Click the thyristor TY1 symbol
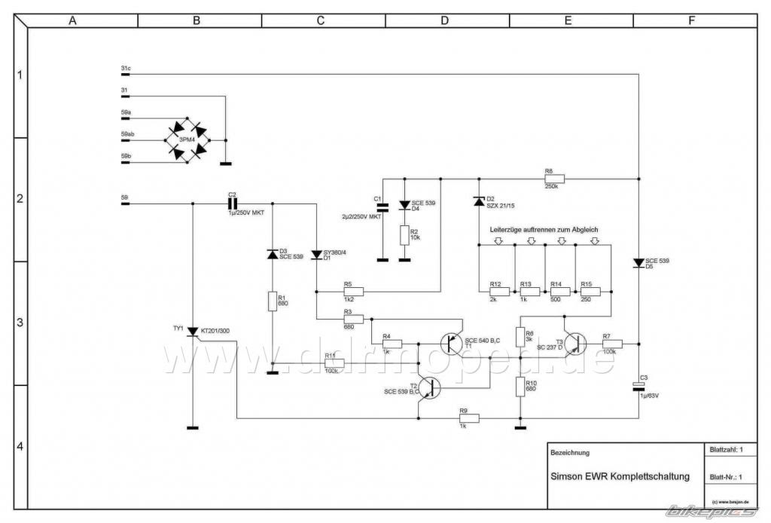click(x=193, y=332)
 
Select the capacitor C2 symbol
click(x=233, y=203)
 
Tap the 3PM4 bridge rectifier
click(x=187, y=139)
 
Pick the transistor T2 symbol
click(x=429, y=388)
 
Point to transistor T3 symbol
click(x=575, y=344)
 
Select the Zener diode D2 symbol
click(x=478, y=201)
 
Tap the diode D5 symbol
click(x=638, y=263)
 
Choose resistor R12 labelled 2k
click(x=495, y=291)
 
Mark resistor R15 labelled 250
click(x=590, y=291)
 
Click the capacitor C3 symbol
click(x=638, y=387)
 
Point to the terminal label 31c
click(x=125, y=69)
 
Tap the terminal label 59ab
click(x=127, y=134)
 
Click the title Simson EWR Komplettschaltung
click(x=620, y=477)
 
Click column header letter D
click(x=444, y=21)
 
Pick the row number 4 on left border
click(x=20, y=446)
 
